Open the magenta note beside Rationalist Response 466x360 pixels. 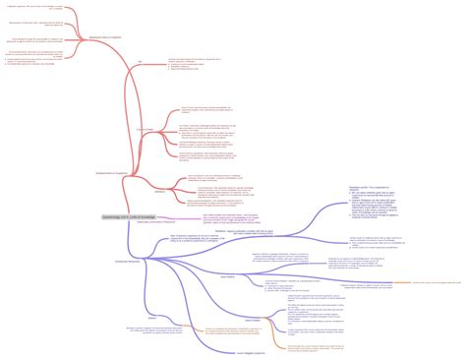(x=230, y=218)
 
